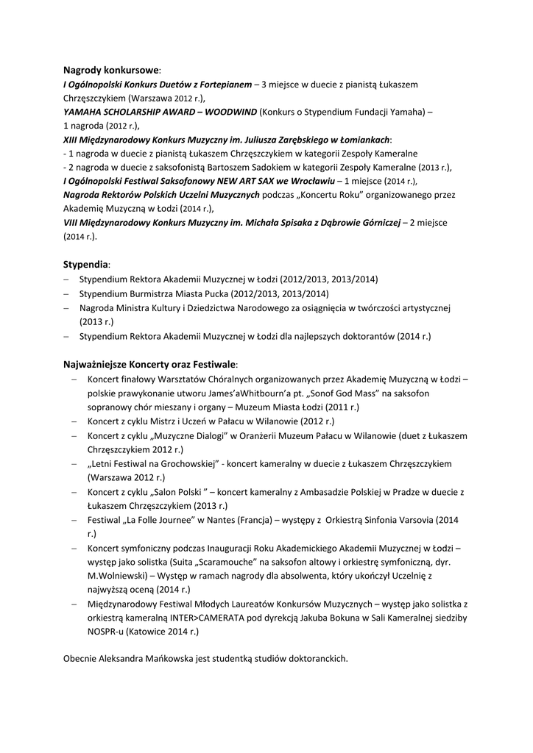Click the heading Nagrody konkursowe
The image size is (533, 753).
[110, 71]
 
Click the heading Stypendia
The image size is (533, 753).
[86, 264]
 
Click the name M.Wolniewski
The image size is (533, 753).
[115, 576]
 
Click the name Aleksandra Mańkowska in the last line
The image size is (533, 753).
[155, 660]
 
